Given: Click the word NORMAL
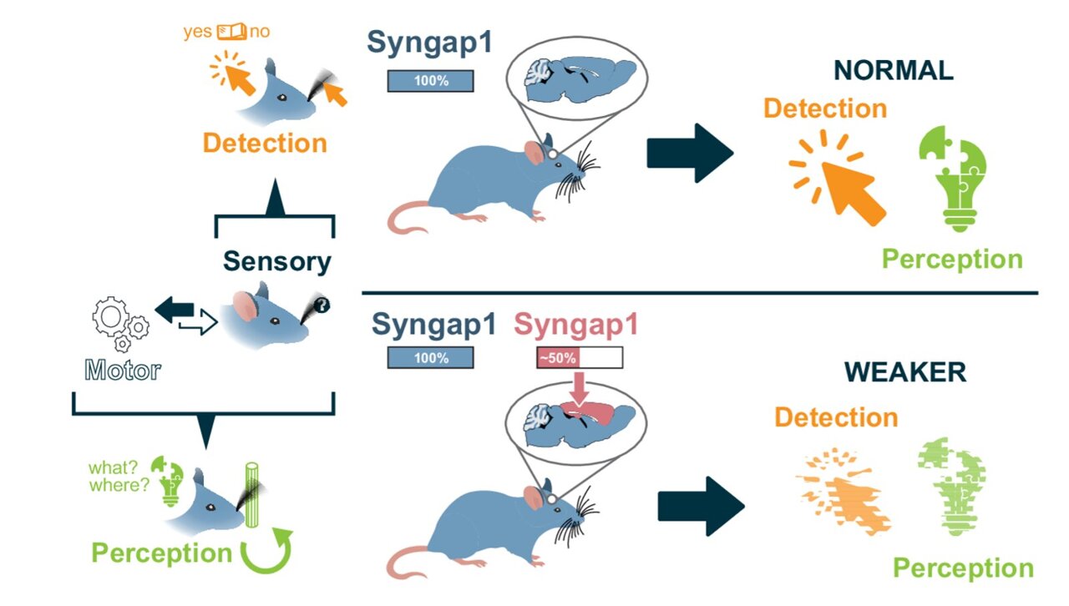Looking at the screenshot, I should [x=894, y=71].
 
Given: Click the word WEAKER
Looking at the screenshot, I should [x=904, y=371].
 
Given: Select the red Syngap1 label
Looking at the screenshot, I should [x=575, y=324].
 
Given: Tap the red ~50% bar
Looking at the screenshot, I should [x=557, y=357].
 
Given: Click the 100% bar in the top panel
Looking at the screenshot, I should [x=430, y=81].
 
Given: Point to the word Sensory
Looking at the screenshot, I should [x=276, y=261].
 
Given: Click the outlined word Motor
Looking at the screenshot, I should [x=123, y=370].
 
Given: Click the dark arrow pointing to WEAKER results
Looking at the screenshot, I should [x=701, y=506].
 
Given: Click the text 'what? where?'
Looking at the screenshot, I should [x=116, y=475].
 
